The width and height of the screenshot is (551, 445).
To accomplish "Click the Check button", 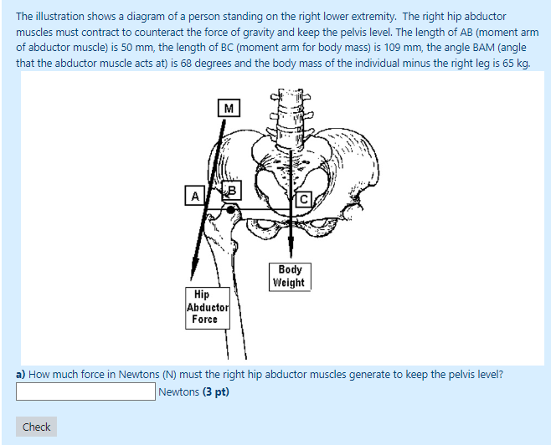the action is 37,427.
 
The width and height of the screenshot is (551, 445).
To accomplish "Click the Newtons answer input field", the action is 85,391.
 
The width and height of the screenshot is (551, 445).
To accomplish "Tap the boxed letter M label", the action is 228,108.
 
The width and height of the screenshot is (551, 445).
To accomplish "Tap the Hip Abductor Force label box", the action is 203,307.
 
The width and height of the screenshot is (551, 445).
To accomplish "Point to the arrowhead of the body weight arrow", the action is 290,253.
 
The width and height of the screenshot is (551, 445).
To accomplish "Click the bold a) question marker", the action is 21,374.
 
